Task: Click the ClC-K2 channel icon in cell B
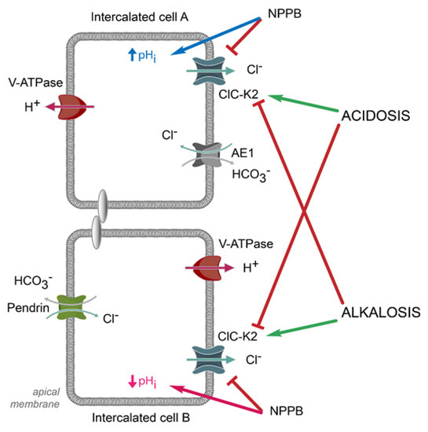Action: tap(206, 360)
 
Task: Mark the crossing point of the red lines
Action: tap(303, 211)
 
